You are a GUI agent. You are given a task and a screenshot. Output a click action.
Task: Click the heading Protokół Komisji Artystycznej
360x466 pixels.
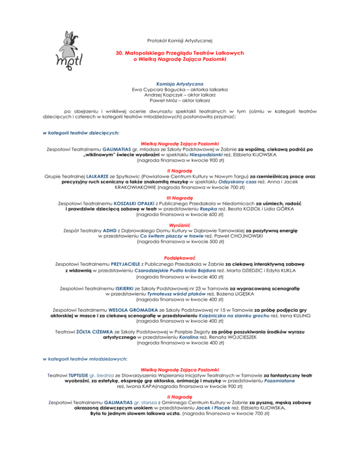coord(180,41)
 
